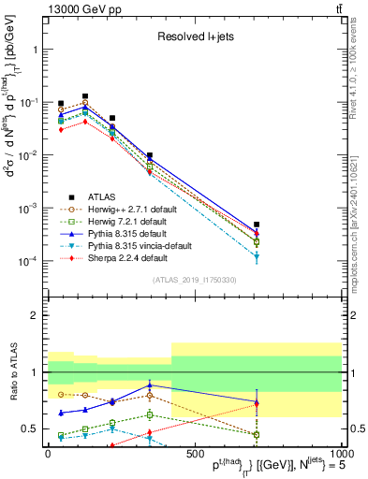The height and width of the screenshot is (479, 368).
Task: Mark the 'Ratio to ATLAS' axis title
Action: (x=13, y=372)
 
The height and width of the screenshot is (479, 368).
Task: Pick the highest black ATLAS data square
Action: (x=85, y=95)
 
